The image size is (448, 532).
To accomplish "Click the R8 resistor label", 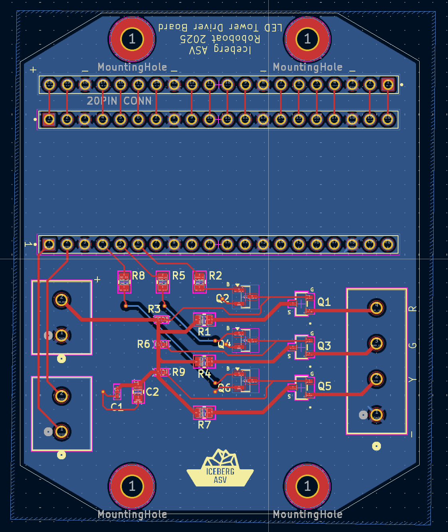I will coord(138,275).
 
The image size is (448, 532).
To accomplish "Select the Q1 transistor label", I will coord(324,302).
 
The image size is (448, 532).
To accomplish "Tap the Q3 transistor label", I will coord(324,345).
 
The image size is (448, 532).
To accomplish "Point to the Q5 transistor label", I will coord(324,386).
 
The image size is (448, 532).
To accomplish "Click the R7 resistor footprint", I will coord(204,412).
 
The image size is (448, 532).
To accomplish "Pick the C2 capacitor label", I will coord(152,392).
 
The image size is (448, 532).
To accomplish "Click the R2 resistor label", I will coord(215,276).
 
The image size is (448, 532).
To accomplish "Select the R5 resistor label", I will coord(178,276).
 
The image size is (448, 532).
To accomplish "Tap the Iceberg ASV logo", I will coord(220,469).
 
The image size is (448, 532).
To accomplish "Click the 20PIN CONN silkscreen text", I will coord(119,101).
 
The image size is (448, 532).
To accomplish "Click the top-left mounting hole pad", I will coord(132,39).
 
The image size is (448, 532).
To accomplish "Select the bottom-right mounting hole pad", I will coord(307,486).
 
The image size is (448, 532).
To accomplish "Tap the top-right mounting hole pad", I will coord(307,39).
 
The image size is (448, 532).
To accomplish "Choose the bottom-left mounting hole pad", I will coord(132,486).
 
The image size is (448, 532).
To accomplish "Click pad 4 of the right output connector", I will coord(376,308).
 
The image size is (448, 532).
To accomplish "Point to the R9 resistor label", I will coord(178,372).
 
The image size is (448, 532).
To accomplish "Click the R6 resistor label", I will coord(143,344).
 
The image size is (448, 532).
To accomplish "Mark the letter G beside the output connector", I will coord(413,345).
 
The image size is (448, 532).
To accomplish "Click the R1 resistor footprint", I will coord(204,320).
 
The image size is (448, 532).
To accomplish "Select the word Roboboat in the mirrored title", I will coord(238,39).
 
